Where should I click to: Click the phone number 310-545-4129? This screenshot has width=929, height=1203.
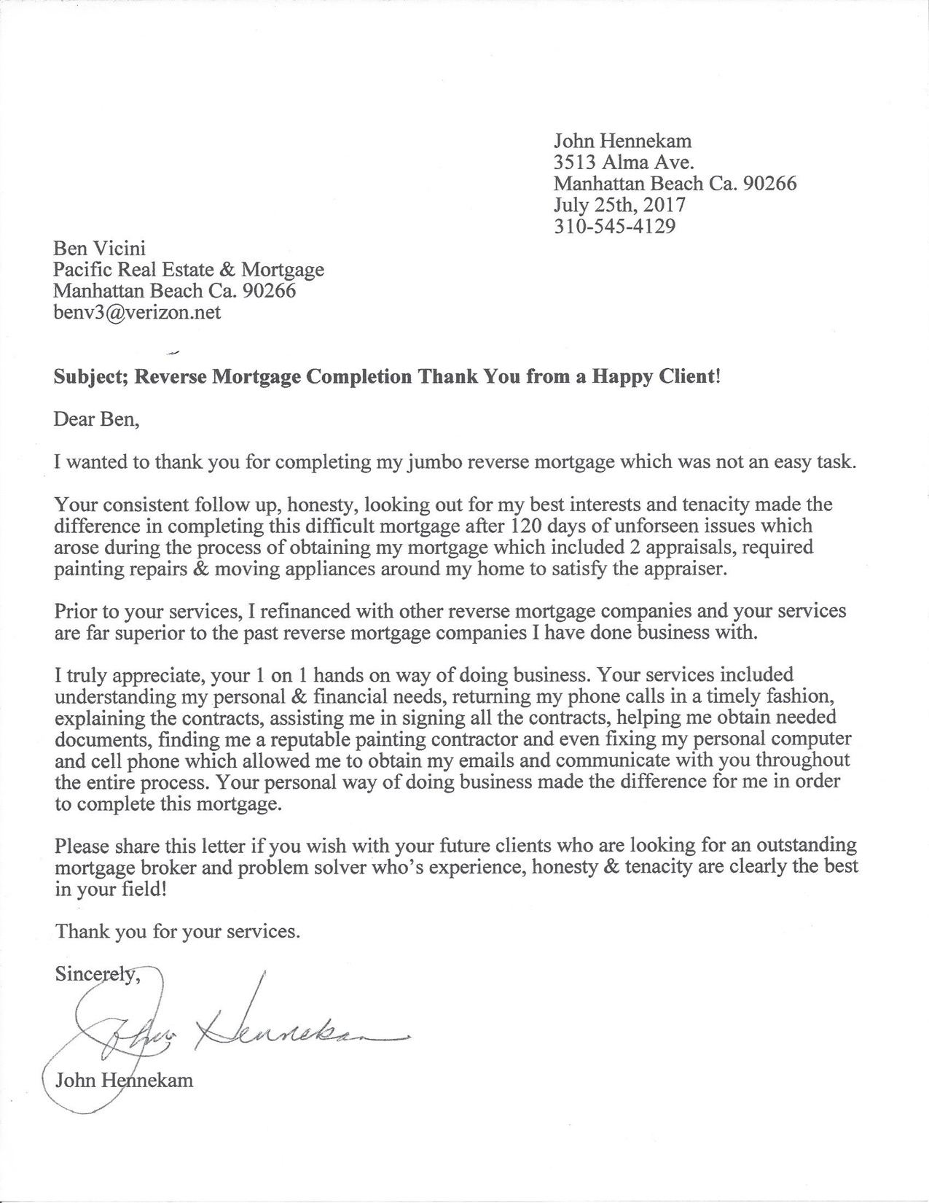(614, 227)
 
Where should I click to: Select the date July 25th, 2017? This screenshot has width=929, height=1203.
(619, 205)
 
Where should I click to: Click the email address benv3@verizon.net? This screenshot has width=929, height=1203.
(137, 313)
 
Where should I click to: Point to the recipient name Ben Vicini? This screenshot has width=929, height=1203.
(100, 249)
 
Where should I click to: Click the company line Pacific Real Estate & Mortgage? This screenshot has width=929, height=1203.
(189, 270)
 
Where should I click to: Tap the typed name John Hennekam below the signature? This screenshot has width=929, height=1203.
(125, 1080)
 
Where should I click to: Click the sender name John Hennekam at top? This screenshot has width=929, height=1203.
(623, 141)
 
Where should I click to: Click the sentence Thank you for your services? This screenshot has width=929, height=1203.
(178, 932)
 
